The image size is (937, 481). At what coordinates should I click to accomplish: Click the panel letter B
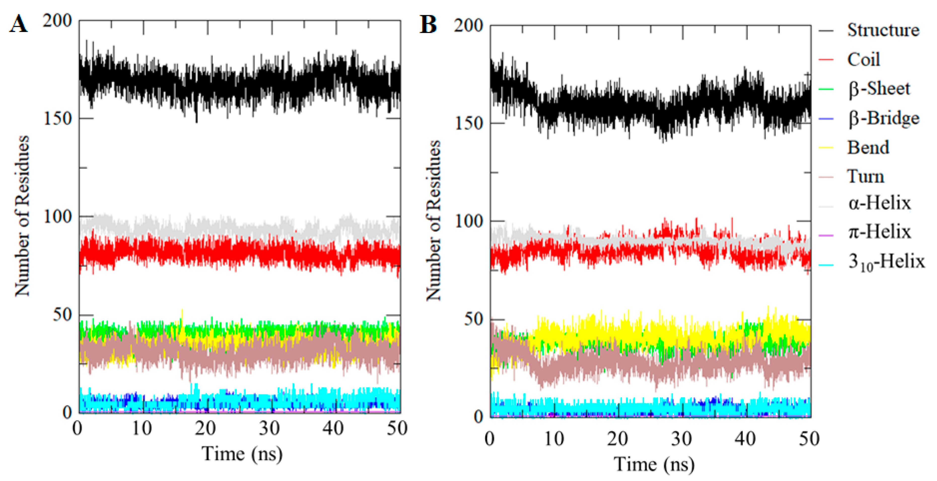[x=428, y=25]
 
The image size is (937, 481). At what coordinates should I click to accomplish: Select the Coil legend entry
[x=863, y=59]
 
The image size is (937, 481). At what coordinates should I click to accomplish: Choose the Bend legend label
[x=868, y=147]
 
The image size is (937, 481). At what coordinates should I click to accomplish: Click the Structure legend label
[x=883, y=30]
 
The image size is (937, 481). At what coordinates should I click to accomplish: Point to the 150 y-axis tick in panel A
[x=58, y=118]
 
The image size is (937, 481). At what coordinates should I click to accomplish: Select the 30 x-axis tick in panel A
[x=269, y=428]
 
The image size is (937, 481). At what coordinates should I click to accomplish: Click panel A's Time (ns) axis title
[x=242, y=454]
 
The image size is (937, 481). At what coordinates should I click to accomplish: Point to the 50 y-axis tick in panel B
[x=474, y=319]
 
